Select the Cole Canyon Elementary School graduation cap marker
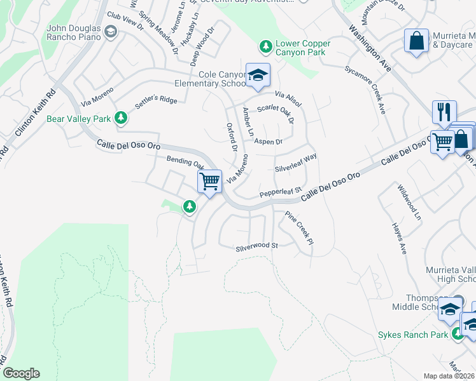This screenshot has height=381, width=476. [x=258, y=76]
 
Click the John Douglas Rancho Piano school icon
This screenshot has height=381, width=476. [x=111, y=32]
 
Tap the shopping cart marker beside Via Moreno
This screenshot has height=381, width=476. [x=209, y=182]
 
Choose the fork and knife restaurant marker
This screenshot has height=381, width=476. [x=444, y=112]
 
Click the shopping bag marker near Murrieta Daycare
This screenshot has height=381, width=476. [x=416, y=41]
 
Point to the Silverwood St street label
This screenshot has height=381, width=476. [x=257, y=246]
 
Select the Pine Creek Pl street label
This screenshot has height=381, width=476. [x=299, y=228]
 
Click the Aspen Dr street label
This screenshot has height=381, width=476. [x=268, y=142]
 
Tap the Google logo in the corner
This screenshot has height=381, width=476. [x=21, y=373]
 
